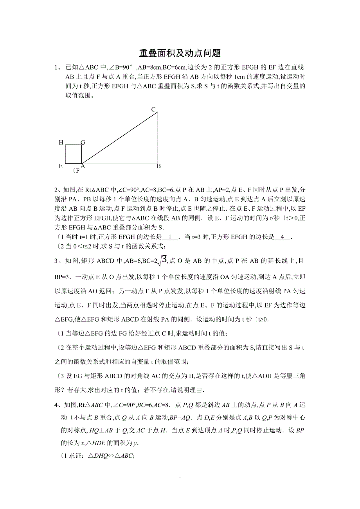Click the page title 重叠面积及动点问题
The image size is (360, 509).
click(x=180, y=53)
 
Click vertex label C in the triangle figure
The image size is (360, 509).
click(x=154, y=109)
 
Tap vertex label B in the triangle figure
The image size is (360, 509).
click(x=159, y=166)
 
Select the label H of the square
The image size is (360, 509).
click(x=61, y=143)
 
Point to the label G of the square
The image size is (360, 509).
click(x=83, y=143)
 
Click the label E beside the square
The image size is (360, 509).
click(x=61, y=166)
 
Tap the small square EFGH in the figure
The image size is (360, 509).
click(x=73, y=154)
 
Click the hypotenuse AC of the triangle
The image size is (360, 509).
click(x=119, y=138)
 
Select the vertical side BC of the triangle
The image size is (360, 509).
click(x=158, y=138)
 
